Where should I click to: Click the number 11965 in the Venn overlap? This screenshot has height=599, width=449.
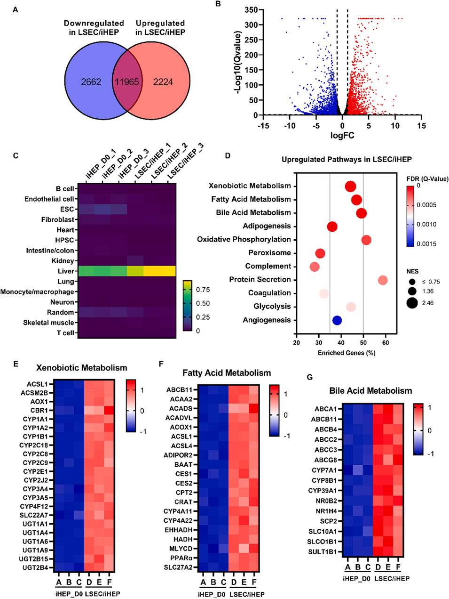coord(127,82)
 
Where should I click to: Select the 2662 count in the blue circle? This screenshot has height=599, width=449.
coord(91,82)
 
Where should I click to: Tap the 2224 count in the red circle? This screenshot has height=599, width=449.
coord(163,82)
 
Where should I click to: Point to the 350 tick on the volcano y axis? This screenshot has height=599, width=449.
coord(251,10)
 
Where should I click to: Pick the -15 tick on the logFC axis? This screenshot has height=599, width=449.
coord(263,126)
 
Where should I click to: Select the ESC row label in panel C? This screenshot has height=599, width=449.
coord(67,209)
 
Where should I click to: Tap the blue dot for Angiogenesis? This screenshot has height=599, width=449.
coord(337,320)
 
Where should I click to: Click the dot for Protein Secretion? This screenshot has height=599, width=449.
coord(383,280)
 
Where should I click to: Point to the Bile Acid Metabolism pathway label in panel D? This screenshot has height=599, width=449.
coord(253,212)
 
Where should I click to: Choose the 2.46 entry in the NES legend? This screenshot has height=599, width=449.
coord(428,303)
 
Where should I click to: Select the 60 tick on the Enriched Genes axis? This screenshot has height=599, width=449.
coord(386,342)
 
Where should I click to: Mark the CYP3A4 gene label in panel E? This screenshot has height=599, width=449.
coord(35,489)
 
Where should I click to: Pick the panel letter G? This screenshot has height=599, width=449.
coord(309,377)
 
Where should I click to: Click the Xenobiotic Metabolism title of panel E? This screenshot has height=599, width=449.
coord(82,368)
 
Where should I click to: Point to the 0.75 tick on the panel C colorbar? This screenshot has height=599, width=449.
coord(203,290)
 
